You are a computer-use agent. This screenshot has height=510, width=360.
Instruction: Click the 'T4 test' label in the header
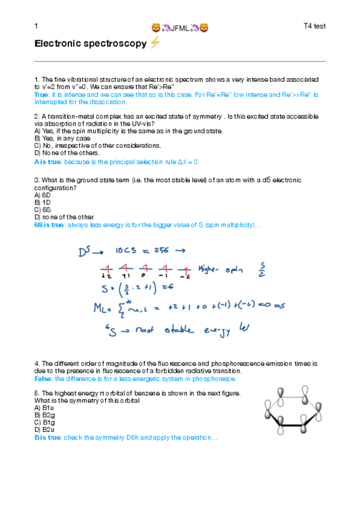314,26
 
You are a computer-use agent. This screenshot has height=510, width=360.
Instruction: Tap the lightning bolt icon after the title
154,43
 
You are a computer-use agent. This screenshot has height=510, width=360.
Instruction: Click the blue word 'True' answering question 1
41,95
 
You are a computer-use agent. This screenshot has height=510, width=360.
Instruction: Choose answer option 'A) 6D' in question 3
42,195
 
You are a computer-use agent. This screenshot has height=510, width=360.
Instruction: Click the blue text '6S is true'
49,225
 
